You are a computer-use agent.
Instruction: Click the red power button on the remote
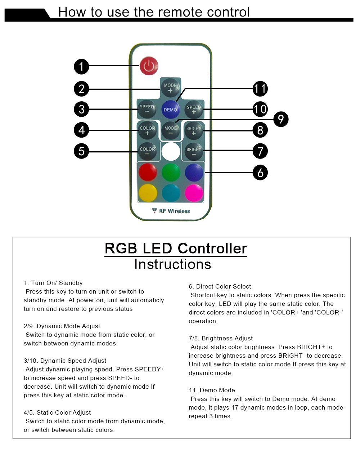click(149, 66)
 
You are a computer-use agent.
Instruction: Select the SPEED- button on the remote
click(147, 109)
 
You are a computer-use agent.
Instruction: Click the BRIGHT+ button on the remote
click(194, 130)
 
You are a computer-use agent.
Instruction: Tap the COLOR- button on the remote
click(147, 151)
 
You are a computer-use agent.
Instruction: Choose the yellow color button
click(148, 193)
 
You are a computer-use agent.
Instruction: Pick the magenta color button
click(194, 193)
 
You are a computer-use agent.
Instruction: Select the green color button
click(171, 172)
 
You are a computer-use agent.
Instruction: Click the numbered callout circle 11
click(260, 89)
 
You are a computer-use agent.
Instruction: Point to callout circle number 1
click(81, 66)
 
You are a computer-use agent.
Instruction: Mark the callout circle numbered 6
click(260, 173)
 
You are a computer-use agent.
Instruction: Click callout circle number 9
click(281, 119)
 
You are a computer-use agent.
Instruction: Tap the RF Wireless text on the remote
click(174, 211)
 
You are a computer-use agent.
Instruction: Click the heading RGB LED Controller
click(176, 249)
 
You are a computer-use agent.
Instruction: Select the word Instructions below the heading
click(172, 264)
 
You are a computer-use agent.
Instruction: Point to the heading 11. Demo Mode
click(212, 390)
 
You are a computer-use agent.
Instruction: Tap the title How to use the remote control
click(154, 12)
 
